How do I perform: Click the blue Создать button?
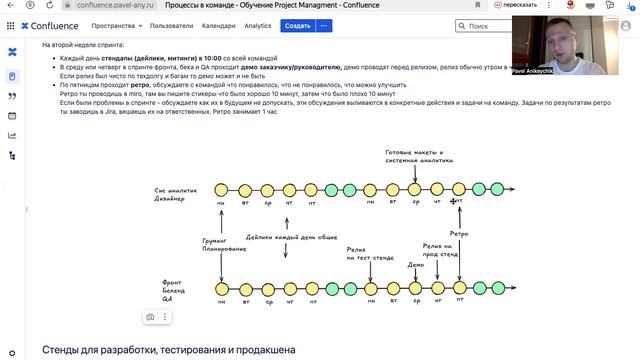click(x=297, y=26)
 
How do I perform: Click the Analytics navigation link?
click(x=257, y=26)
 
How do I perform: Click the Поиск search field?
click(x=492, y=26)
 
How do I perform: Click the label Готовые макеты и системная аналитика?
click(x=414, y=157)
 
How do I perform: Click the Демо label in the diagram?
click(x=415, y=265)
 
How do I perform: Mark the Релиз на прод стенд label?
click(x=437, y=248)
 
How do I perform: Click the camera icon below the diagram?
click(x=149, y=317)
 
